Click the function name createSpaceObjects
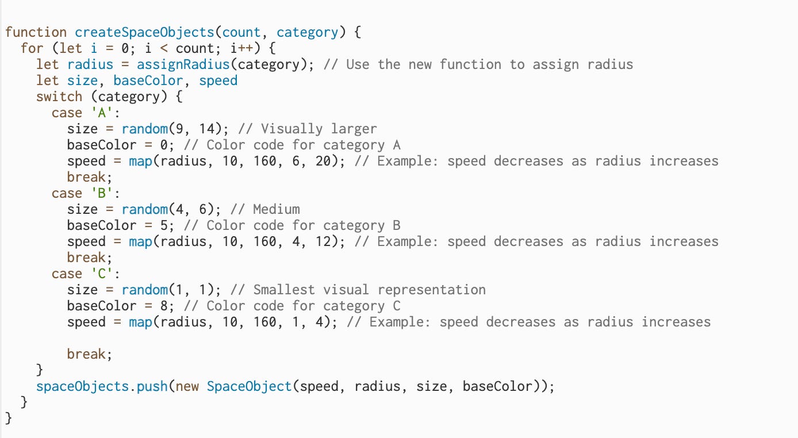(x=144, y=32)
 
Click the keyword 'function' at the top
(x=36, y=32)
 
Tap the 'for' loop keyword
(x=32, y=48)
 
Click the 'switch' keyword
(x=59, y=97)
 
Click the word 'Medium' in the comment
(x=276, y=209)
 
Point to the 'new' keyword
(x=187, y=386)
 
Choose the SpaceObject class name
(x=249, y=386)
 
